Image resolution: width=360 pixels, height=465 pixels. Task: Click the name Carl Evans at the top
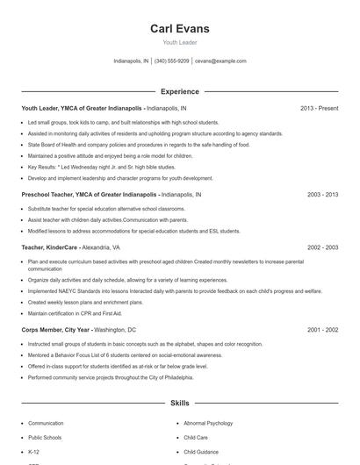tap(179, 28)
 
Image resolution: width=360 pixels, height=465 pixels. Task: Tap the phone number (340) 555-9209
tap(172, 61)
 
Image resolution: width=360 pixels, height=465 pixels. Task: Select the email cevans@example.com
tap(220, 61)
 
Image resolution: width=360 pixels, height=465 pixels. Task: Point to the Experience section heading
tap(179, 91)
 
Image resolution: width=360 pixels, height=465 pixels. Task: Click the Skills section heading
tap(179, 404)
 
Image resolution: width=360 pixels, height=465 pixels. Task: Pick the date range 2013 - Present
tap(319, 108)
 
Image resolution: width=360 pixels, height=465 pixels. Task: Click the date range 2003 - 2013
tap(320, 193)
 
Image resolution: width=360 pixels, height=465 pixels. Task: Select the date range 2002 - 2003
tap(320, 248)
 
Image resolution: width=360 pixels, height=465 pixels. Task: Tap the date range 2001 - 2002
tap(320, 329)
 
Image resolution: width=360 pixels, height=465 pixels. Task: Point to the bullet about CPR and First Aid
tap(74, 312)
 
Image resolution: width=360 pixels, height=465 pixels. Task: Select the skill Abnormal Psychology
tap(208, 423)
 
